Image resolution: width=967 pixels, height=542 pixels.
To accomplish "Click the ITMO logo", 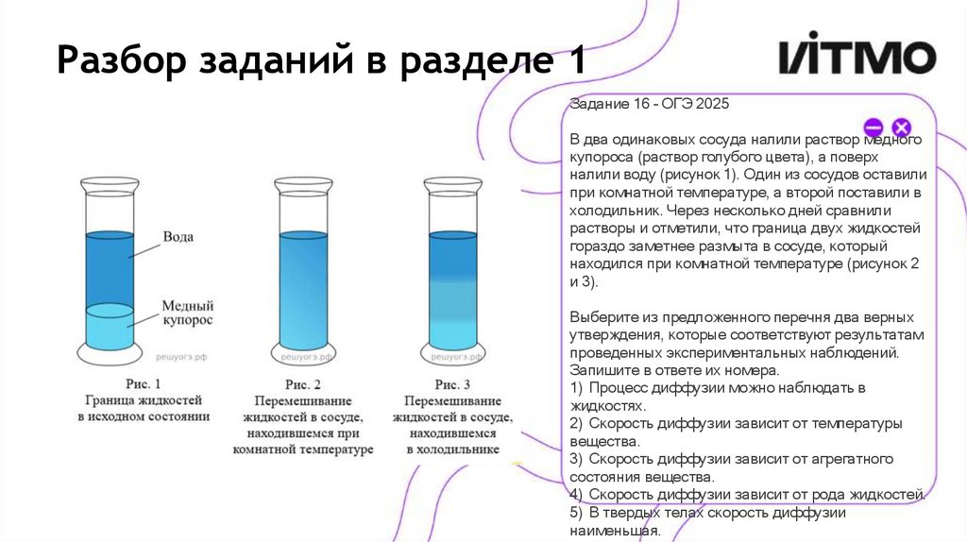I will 857,58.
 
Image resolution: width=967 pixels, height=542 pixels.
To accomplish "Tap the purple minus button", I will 874,127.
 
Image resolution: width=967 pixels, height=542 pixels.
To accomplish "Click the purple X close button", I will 901,127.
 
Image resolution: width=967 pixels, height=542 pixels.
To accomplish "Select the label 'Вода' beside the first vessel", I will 178,236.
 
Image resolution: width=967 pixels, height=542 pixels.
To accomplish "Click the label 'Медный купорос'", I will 187,313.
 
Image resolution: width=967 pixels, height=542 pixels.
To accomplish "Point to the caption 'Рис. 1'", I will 144,384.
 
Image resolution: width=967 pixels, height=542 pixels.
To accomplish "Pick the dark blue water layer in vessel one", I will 110,268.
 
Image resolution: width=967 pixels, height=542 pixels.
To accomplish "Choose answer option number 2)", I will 737,431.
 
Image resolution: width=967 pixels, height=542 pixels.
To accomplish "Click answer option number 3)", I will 732,466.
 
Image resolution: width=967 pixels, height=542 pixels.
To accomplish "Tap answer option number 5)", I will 708,521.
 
